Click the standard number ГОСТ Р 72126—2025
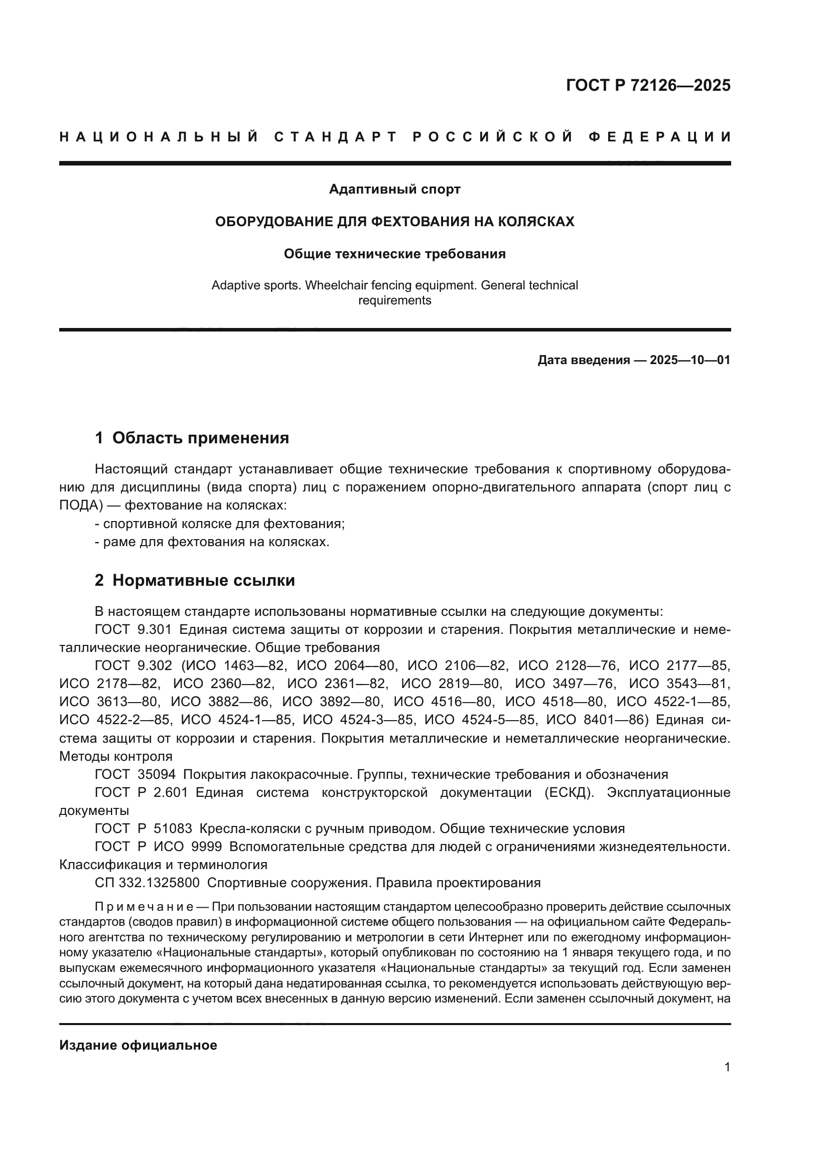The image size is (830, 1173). click(647, 85)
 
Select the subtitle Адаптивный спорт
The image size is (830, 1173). click(394, 190)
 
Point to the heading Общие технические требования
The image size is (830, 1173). click(394, 254)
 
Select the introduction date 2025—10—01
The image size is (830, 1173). click(690, 360)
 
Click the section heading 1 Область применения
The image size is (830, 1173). click(192, 438)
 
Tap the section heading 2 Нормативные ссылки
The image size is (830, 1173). click(195, 580)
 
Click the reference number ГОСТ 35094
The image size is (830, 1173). click(135, 774)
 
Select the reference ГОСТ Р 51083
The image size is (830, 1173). click(143, 828)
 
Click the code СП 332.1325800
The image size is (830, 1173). click(147, 883)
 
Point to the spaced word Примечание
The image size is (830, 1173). click(144, 907)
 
